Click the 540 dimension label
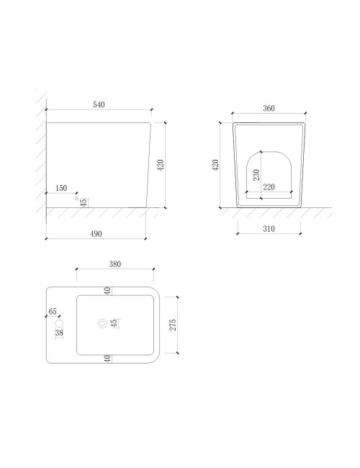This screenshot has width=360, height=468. [x=99, y=104]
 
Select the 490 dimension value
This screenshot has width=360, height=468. [x=96, y=234]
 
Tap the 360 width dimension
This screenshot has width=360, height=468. [x=269, y=108]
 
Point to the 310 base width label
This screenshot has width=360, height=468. [x=269, y=229]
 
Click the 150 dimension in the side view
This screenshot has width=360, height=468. [x=61, y=188]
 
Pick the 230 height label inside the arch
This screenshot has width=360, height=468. [x=256, y=175]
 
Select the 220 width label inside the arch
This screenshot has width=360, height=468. [x=269, y=187]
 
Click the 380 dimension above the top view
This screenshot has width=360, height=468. [x=115, y=264]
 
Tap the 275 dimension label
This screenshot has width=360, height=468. [x=173, y=325]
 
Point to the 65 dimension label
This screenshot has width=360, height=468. [x=53, y=311]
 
